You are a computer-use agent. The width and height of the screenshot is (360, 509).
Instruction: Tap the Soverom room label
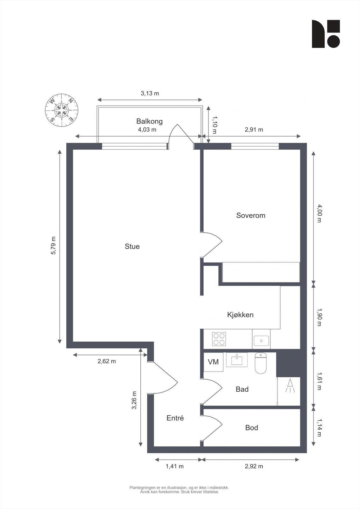tap(251, 215)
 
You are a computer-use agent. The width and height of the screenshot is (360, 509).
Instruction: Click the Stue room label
tap(132, 247)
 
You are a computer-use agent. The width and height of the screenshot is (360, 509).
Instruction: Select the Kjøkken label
tap(240, 315)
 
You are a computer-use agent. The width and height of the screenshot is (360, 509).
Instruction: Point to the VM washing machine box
tap(213, 362)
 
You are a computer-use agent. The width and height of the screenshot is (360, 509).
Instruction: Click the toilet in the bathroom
tap(260, 364)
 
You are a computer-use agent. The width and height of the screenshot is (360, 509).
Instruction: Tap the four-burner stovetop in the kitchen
tap(219, 339)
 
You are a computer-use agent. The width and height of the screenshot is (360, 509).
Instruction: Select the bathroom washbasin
tap(236, 360)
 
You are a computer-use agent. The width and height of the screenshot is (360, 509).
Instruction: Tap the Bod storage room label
tap(251, 428)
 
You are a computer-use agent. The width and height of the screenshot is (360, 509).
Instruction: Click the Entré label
tap(175, 418)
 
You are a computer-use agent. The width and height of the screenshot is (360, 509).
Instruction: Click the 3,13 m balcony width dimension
tap(150, 94)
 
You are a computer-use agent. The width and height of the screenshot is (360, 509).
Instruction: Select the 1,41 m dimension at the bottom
tap(174, 466)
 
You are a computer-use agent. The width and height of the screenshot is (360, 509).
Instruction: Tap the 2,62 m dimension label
tap(107, 361)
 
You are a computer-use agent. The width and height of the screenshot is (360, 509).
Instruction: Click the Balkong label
tap(149, 121)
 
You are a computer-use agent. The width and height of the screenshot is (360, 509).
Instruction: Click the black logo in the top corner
tap(326, 34)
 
